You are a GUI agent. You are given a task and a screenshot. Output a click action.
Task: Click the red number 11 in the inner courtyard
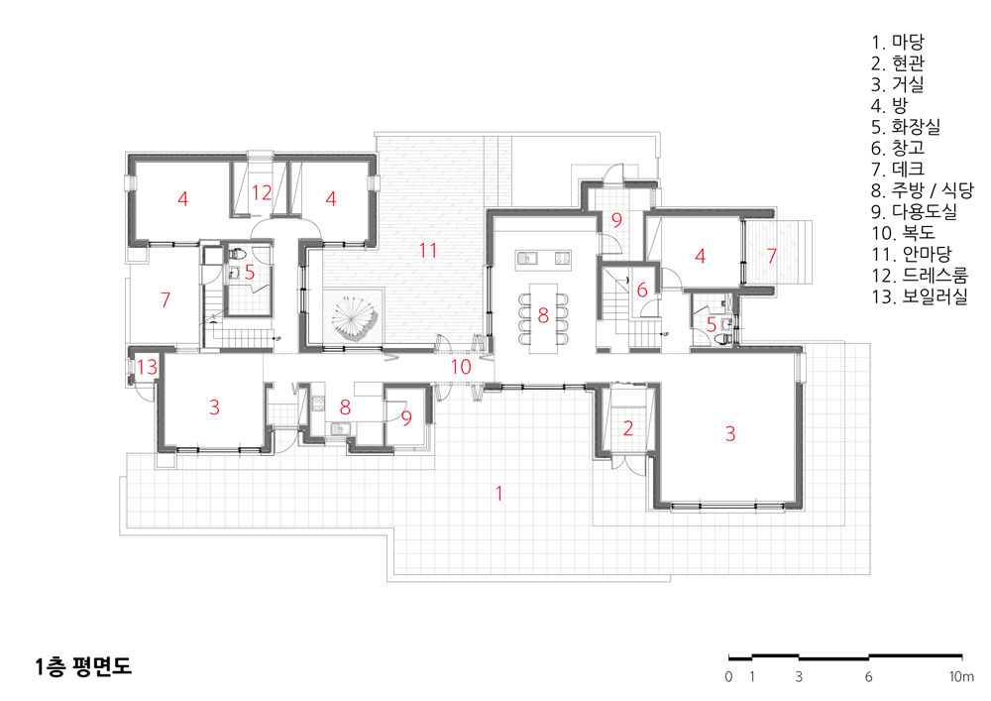(x=428, y=250)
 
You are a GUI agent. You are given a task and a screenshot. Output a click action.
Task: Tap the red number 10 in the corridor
(x=461, y=367)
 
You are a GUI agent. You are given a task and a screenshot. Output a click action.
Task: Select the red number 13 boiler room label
(x=147, y=367)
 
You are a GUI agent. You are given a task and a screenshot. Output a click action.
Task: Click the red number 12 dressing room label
(x=261, y=192)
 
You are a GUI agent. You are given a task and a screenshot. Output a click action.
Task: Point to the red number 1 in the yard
(x=499, y=493)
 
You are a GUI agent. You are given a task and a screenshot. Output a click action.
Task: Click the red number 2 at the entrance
(x=627, y=428)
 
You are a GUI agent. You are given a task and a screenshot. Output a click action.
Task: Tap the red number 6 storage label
(x=642, y=290)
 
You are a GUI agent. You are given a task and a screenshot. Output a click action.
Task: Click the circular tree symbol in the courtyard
(x=355, y=318)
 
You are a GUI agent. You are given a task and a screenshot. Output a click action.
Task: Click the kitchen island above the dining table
(x=543, y=259)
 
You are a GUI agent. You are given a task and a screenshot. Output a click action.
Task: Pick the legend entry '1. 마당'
(x=898, y=42)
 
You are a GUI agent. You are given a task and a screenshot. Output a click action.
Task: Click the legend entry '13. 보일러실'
(x=920, y=296)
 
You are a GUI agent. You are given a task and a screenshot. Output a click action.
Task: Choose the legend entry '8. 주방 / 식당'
(x=923, y=189)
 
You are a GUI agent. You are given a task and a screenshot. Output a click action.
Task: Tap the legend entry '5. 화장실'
(x=906, y=127)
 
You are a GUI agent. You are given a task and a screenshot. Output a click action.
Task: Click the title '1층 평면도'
(x=83, y=666)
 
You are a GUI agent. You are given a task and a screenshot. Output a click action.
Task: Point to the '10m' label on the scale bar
(x=961, y=676)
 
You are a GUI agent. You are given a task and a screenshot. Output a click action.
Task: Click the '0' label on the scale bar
(x=728, y=676)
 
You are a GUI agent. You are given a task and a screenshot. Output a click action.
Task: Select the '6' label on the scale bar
(x=868, y=676)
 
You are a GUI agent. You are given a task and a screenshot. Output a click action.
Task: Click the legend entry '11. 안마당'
(x=912, y=254)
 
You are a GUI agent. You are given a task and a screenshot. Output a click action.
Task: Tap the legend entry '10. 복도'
(x=903, y=233)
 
